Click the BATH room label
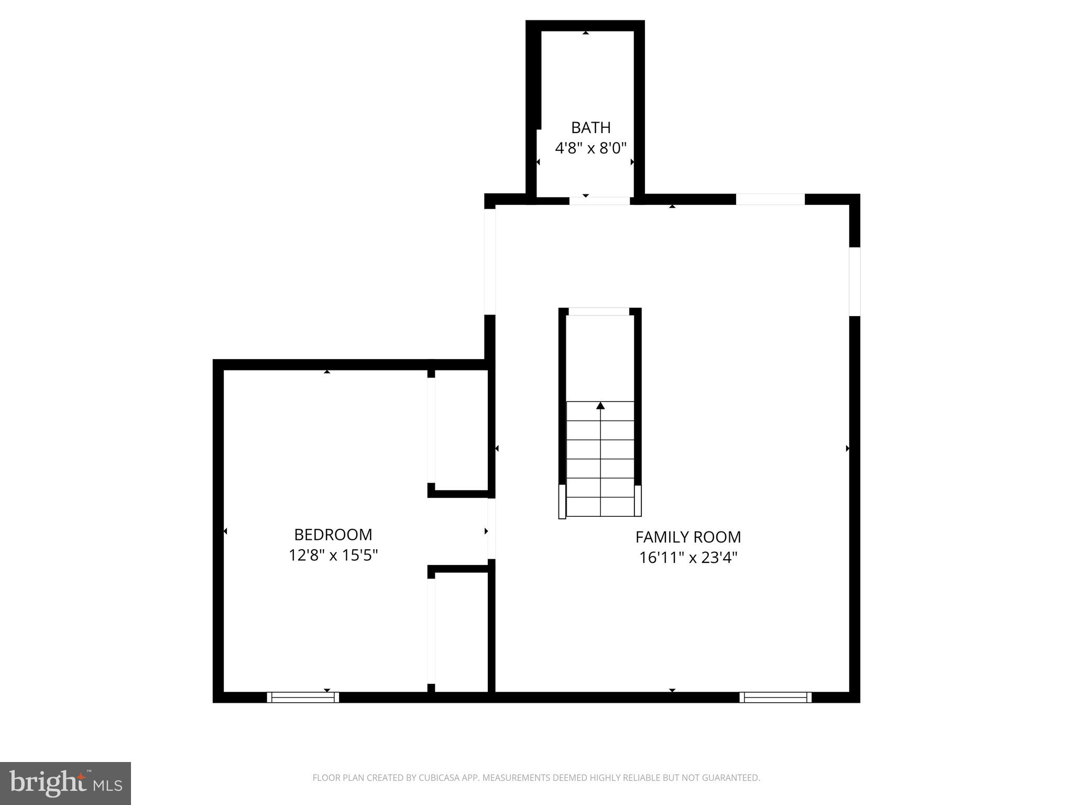tap(590, 127)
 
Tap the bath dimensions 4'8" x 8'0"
tap(590, 148)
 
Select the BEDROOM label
tap(333, 535)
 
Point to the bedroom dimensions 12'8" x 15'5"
tap(333, 555)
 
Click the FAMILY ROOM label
tap(688, 537)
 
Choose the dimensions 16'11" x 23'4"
tap(688, 558)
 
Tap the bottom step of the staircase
tap(600, 507)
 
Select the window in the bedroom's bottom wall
tap(303, 697)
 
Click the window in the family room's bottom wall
tap(775, 697)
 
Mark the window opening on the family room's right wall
tap(855, 281)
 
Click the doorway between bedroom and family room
tap(491, 528)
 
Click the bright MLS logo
tap(65, 783)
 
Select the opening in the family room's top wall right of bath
tap(770, 199)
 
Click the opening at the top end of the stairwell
tap(599, 312)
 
